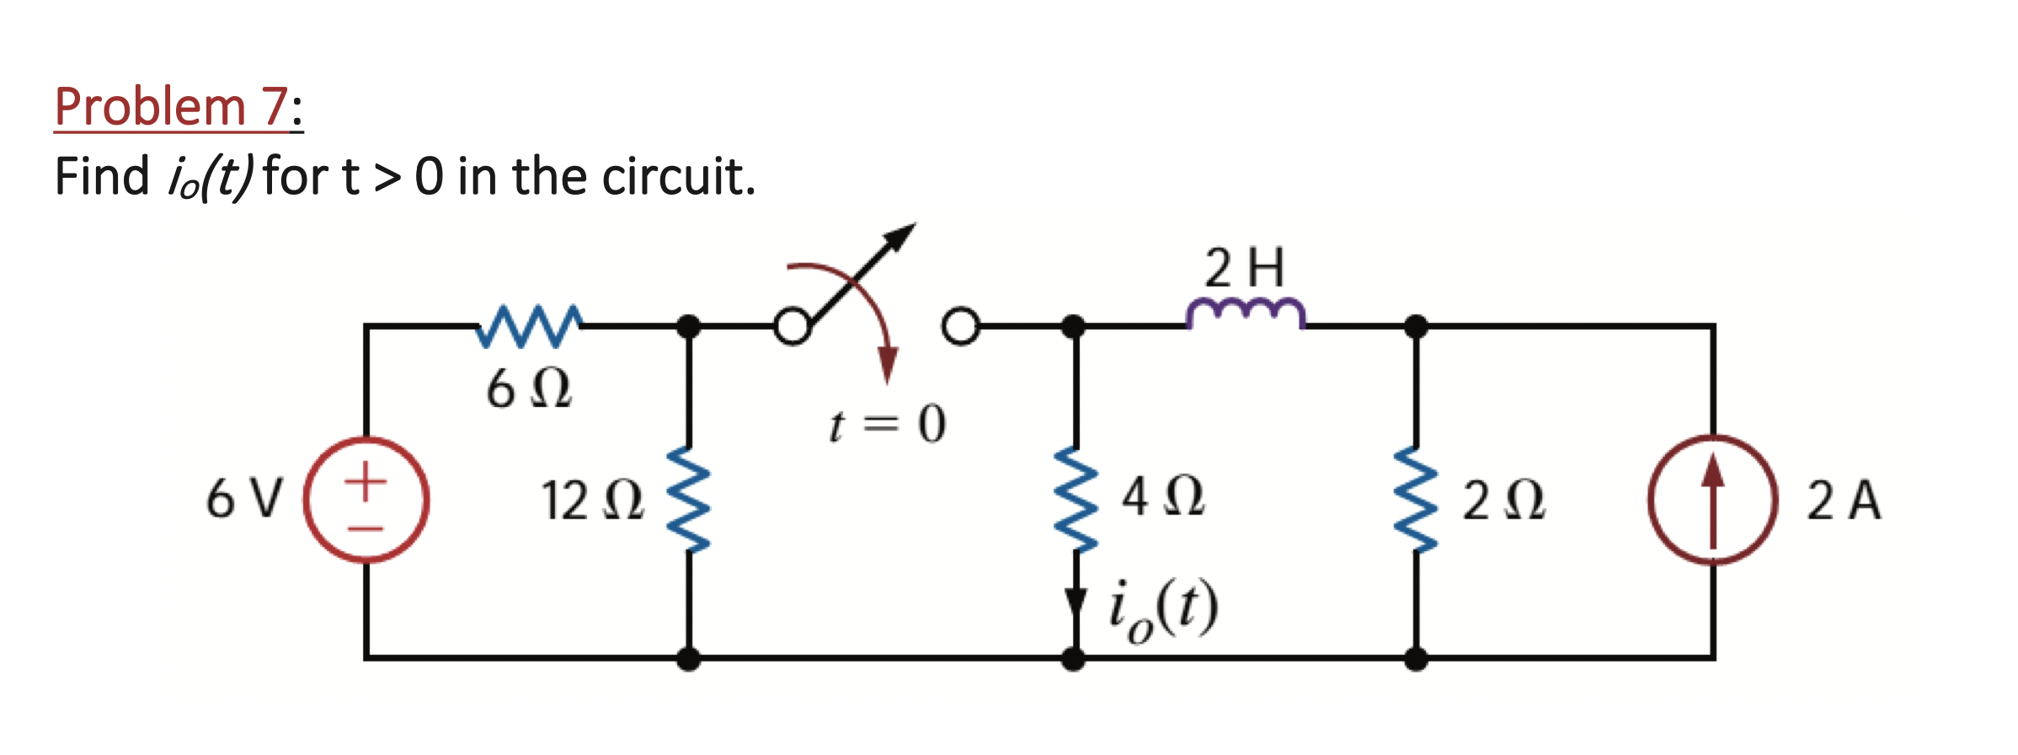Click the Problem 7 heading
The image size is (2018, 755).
point(173,108)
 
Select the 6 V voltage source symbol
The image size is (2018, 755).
point(366,500)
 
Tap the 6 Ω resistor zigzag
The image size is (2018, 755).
point(528,326)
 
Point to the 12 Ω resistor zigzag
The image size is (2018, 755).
point(689,499)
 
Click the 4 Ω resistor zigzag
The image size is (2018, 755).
point(1076,499)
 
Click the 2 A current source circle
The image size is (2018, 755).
point(1712,500)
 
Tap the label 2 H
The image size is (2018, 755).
point(1245,268)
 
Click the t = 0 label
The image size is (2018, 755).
point(887,424)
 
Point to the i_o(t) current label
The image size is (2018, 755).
point(1163,609)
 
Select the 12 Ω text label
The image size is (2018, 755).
point(592,501)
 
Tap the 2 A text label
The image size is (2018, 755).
point(1843,501)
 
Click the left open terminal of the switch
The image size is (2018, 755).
point(793,326)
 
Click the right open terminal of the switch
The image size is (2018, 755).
point(961,326)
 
